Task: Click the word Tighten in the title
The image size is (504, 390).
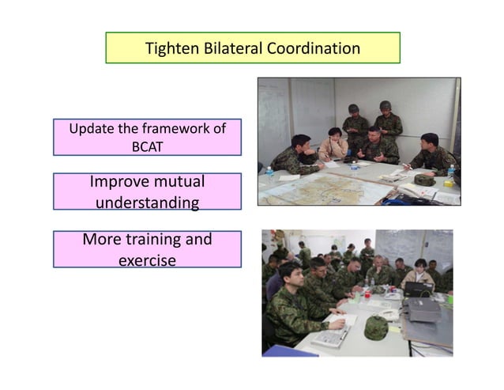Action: coord(169,49)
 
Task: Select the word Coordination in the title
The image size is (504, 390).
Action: coord(314,49)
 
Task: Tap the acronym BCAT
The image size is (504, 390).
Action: coord(147,145)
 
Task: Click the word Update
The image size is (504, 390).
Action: coord(91,128)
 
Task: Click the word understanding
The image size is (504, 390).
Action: coord(147,203)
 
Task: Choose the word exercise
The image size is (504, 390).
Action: coord(147,259)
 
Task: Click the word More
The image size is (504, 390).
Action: coord(103,238)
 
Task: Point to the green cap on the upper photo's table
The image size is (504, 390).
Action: coord(424,180)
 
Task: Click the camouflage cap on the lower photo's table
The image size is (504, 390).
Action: coord(375,328)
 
